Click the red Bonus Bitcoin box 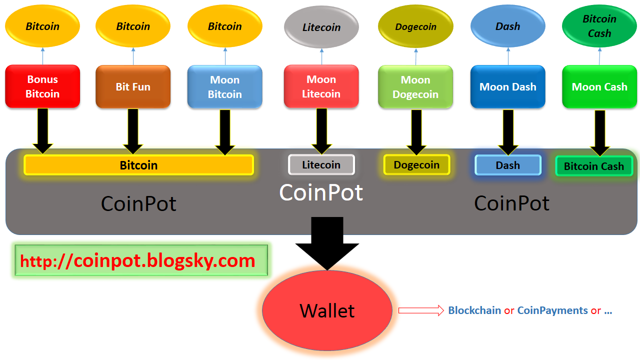42,86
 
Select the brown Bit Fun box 133,86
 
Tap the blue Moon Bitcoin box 225,87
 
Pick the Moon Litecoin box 321,86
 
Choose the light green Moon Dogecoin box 415,87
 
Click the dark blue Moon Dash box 508,86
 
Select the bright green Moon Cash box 599,86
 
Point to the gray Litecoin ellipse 321,27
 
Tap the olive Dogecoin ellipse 415,26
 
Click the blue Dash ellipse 508,26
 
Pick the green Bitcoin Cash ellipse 599,26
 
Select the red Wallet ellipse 327,310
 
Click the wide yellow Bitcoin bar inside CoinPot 139,165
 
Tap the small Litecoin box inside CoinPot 321,164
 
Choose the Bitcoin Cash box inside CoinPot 594,166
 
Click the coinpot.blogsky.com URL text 137,260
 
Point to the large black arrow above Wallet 327,243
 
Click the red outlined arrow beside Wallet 421,310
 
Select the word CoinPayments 552,310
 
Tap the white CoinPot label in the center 321,192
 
